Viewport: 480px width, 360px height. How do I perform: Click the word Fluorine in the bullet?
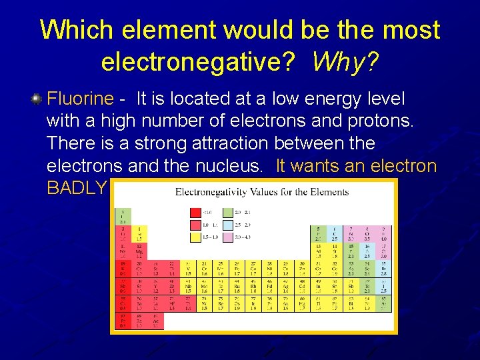coord(81,99)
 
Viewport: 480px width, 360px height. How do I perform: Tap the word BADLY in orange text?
coord(77,187)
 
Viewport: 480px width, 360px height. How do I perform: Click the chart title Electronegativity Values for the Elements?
coord(262,192)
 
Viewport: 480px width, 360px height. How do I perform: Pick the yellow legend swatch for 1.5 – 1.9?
coord(196,237)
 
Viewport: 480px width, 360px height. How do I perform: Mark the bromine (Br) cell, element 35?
coord(383,268)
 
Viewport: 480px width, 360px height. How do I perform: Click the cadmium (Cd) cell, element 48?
coord(303,285)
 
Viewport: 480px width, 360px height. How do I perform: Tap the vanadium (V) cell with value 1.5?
coord(188,268)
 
